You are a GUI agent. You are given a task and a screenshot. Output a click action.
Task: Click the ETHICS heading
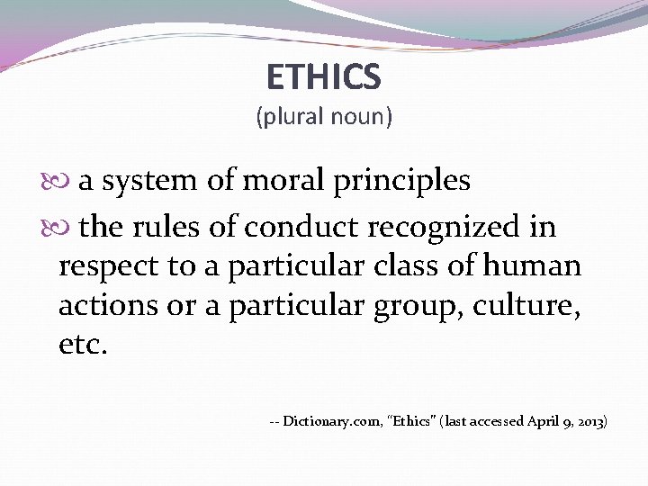pos(324,77)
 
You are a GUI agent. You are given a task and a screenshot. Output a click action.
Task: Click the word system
pos(149,182)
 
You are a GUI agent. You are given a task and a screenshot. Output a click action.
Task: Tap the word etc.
pos(82,345)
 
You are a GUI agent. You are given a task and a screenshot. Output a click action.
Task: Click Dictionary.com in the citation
pos(330,421)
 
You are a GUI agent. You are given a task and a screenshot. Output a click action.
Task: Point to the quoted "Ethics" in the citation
pos(409,421)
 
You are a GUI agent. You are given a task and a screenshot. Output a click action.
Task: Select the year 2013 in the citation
pos(590,421)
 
